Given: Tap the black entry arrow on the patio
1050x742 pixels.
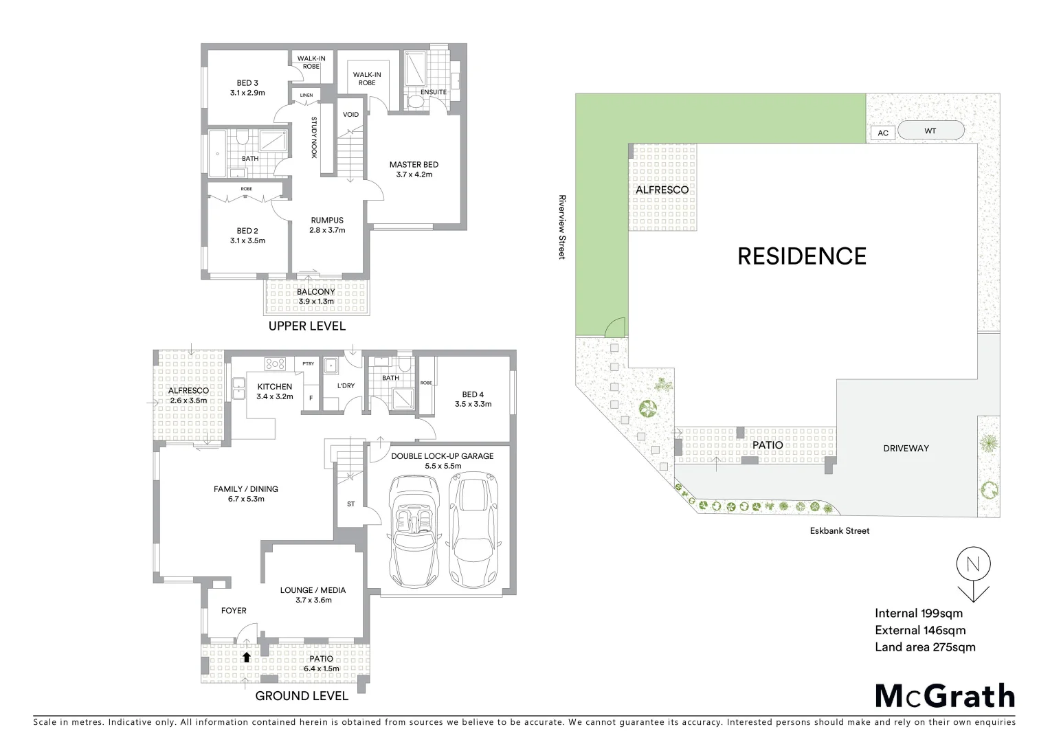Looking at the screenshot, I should point(246,657).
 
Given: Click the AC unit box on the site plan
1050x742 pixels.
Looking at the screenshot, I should point(883,133).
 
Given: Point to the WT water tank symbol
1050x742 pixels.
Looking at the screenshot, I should point(930,131).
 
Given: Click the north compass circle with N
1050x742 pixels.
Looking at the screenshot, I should point(973,565).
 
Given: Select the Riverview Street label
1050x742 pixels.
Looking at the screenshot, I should point(562,227).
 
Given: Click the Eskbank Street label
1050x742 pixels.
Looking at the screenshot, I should point(839,530).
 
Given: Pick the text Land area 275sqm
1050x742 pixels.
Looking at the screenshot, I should point(925,647).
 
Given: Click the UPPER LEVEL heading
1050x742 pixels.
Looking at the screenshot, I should point(306,326).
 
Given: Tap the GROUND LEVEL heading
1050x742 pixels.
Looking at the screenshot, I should point(302,696).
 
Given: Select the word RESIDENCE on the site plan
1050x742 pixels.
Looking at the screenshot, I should point(801,256).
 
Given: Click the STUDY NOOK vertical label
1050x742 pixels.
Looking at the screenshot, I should point(314,137).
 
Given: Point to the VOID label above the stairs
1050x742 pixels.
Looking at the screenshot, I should point(350,115).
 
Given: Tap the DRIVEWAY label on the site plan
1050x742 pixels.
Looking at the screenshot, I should point(906,449).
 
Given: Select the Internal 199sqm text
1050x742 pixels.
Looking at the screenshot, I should point(918,614).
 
